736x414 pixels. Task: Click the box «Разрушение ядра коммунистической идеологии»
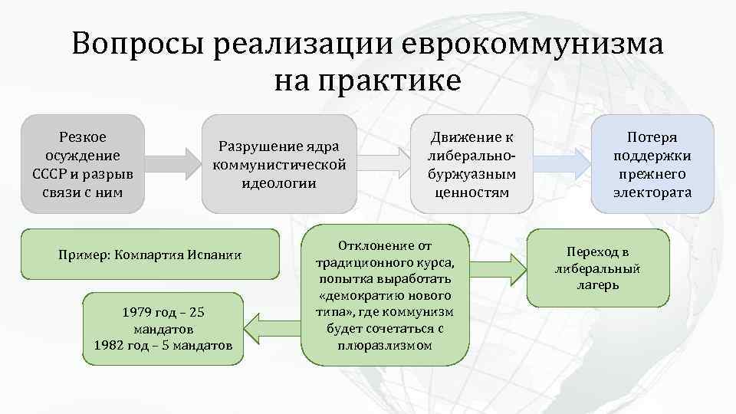(x=279, y=164)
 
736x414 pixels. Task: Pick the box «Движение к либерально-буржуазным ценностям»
(x=472, y=164)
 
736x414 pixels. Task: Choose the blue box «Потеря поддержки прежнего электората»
(x=652, y=164)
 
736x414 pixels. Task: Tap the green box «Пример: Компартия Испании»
(x=149, y=254)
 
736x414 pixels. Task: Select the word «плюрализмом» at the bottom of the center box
(x=384, y=345)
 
